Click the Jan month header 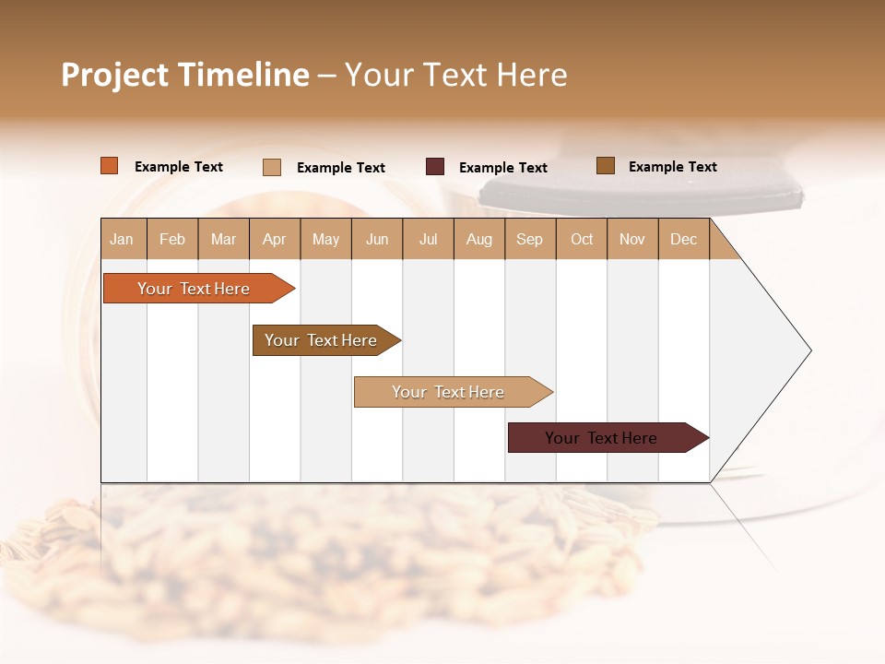[123, 239]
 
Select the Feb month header [172, 239]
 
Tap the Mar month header [223, 239]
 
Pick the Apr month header [275, 239]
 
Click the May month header [325, 239]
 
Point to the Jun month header [377, 239]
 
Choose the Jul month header [428, 239]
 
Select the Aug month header [479, 239]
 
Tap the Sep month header [530, 239]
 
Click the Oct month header [582, 239]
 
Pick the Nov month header [632, 239]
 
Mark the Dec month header [683, 239]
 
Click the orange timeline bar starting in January [195, 289]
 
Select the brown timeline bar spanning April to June [322, 340]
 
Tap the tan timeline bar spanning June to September [449, 392]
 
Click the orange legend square [110, 166]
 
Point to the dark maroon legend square [435, 167]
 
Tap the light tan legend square [272, 167]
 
